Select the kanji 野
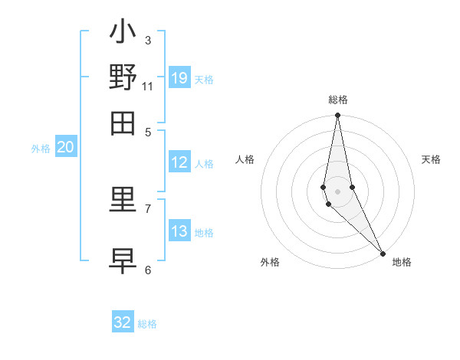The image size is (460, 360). (x=123, y=77)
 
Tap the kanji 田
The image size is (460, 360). (x=123, y=122)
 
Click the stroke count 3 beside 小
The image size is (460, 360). (x=148, y=40)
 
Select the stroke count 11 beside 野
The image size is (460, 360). (x=148, y=86)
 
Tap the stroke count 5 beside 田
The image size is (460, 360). (x=148, y=131)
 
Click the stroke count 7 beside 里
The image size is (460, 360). (x=148, y=208)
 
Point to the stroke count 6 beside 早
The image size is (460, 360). (x=148, y=270)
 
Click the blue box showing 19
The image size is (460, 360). (x=179, y=77)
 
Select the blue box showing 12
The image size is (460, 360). (x=179, y=162)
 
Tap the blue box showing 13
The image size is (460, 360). (x=179, y=231)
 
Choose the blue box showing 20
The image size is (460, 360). (x=66, y=148)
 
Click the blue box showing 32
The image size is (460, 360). (x=123, y=322)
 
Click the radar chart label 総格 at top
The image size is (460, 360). (x=338, y=100)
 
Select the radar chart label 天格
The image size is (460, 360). (x=431, y=159)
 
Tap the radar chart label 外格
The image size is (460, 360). (x=269, y=262)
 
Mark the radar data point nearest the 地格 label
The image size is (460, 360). (x=383, y=253)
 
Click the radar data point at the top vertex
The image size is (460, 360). (x=337, y=116)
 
